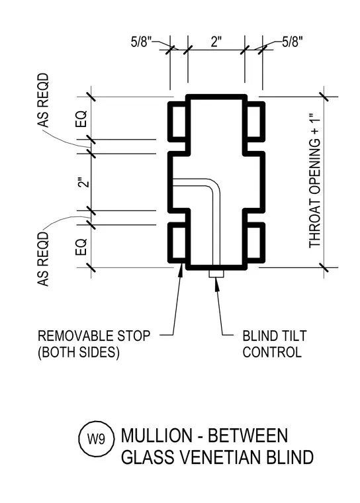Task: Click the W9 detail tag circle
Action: click(x=97, y=439)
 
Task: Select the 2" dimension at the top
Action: click(x=216, y=42)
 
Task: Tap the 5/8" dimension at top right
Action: click(x=292, y=42)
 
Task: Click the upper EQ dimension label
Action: click(x=81, y=118)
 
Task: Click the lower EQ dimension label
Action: click(x=81, y=247)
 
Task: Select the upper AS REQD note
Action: click(x=43, y=101)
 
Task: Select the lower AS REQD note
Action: click(x=43, y=259)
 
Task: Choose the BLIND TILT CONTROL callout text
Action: click(x=275, y=344)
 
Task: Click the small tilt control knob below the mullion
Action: click(x=216, y=273)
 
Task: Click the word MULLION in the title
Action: click(x=157, y=435)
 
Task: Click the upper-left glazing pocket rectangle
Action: click(x=179, y=121)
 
